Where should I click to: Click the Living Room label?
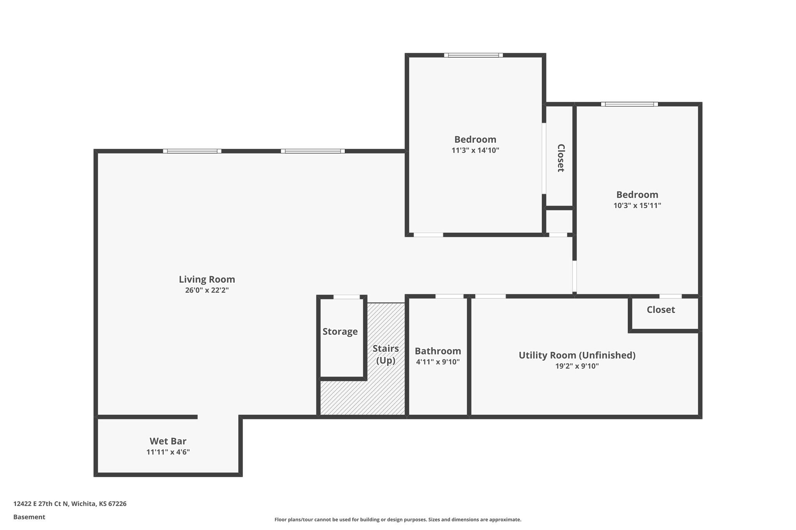click(x=207, y=279)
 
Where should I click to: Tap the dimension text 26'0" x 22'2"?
click(x=207, y=290)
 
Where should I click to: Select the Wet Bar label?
click(x=168, y=441)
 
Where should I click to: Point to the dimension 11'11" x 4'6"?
click(x=168, y=452)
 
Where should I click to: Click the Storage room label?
click(x=340, y=332)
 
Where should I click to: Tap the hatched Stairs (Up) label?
click(x=386, y=354)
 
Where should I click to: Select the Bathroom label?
click(x=438, y=351)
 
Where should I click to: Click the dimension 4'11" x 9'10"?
click(x=438, y=362)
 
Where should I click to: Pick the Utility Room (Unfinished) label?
click(x=577, y=355)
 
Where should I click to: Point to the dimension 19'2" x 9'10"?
click(x=577, y=366)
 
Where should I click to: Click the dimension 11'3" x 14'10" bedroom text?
click(x=475, y=150)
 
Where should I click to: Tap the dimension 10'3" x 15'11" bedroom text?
click(x=637, y=205)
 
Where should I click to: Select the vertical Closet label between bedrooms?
click(x=560, y=158)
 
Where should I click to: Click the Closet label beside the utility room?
click(x=661, y=310)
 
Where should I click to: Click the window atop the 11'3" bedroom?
click(x=473, y=55)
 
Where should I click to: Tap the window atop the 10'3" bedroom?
click(x=629, y=104)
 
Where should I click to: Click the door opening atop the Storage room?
click(x=346, y=297)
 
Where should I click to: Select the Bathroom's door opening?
click(x=449, y=296)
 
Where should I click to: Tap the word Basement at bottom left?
click(x=29, y=517)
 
